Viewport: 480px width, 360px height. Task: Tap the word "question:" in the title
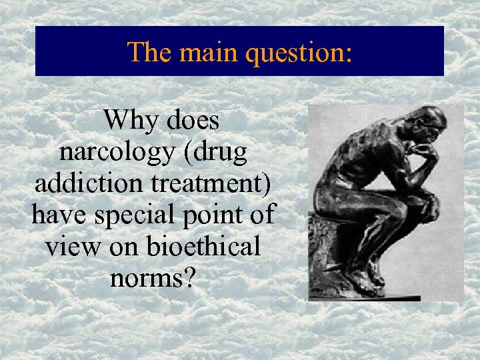click(x=298, y=53)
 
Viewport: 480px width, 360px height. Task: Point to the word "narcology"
click(x=116, y=153)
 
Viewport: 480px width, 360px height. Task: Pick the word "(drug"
click(x=214, y=153)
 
